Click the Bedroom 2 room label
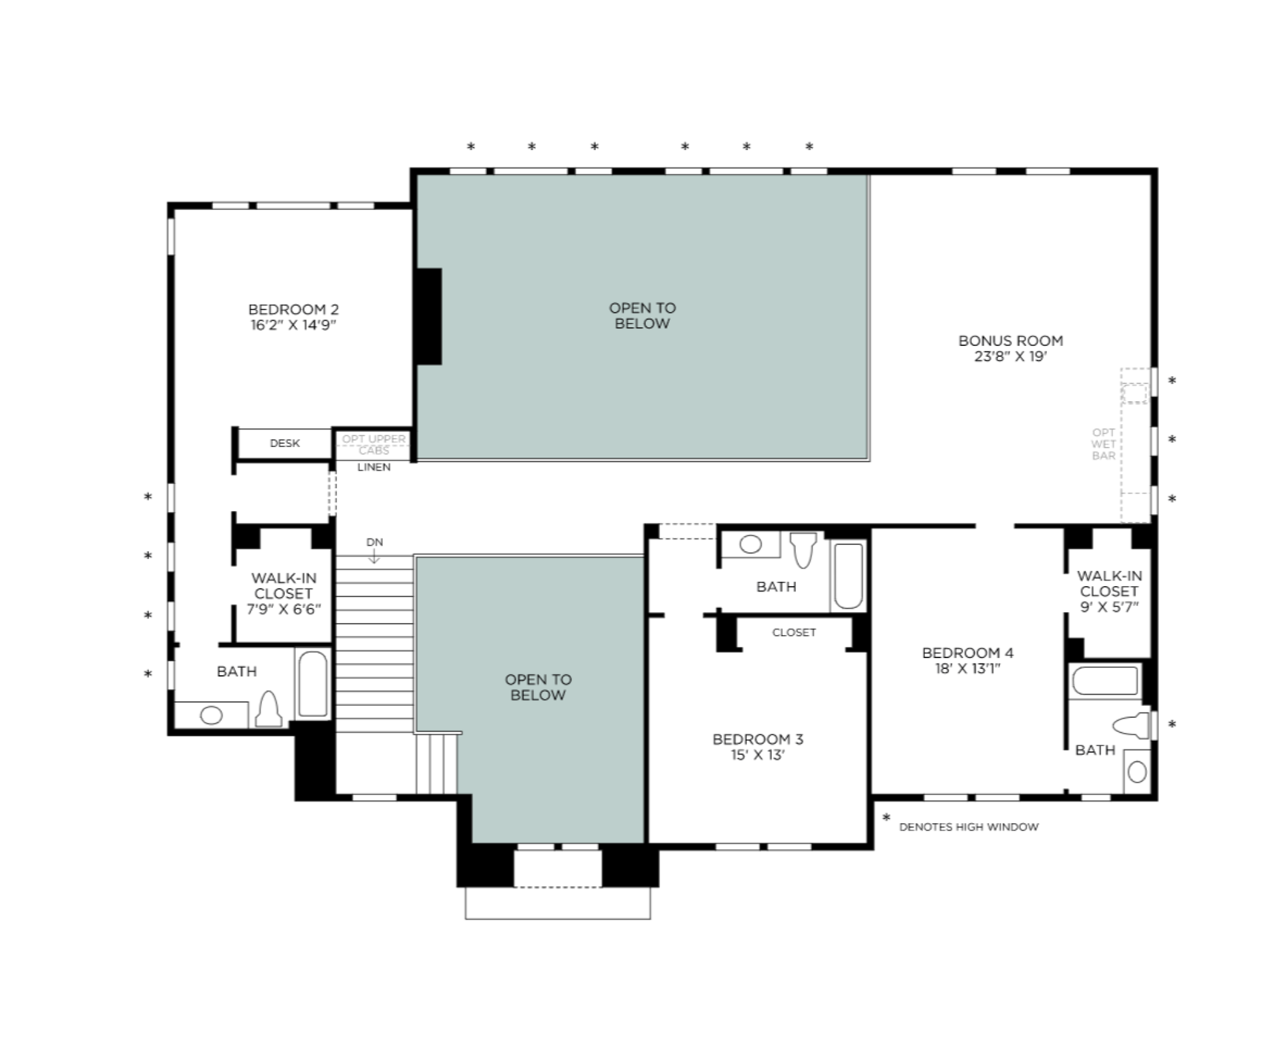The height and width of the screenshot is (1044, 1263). pyautogui.click(x=293, y=310)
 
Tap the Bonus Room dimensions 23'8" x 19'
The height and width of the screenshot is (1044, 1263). pyautogui.click(x=1010, y=356)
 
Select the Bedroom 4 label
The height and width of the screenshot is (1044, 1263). pyautogui.click(x=968, y=653)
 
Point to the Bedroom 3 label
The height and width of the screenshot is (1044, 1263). pyautogui.click(x=758, y=739)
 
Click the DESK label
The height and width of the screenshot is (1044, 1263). pyautogui.click(x=285, y=443)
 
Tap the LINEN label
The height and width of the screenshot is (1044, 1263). pyautogui.click(x=374, y=467)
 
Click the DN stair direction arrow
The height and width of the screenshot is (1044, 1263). pyautogui.click(x=374, y=556)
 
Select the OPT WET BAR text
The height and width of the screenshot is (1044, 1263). pyautogui.click(x=1104, y=444)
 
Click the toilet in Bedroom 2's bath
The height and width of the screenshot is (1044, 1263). pyautogui.click(x=269, y=708)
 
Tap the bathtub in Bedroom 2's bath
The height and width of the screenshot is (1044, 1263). pyautogui.click(x=313, y=684)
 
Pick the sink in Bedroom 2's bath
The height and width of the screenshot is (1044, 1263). pyautogui.click(x=212, y=715)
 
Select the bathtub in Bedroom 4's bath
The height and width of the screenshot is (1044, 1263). pyautogui.click(x=1105, y=681)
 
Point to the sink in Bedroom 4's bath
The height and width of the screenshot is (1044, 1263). pyautogui.click(x=1137, y=772)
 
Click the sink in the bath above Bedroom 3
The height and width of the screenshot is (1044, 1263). pyautogui.click(x=751, y=544)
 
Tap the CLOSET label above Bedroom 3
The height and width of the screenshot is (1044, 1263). pyautogui.click(x=794, y=632)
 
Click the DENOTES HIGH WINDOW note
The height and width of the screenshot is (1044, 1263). pyautogui.click(x=969, y=827)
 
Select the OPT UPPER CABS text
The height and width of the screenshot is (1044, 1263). pyautogui.click(x=374, y=445)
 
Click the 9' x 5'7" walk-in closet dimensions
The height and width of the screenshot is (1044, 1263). pyautogui.click(x=1109, y=607)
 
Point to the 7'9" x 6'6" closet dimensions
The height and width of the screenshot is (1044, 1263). pyautogui.click(x=283, y=610)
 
